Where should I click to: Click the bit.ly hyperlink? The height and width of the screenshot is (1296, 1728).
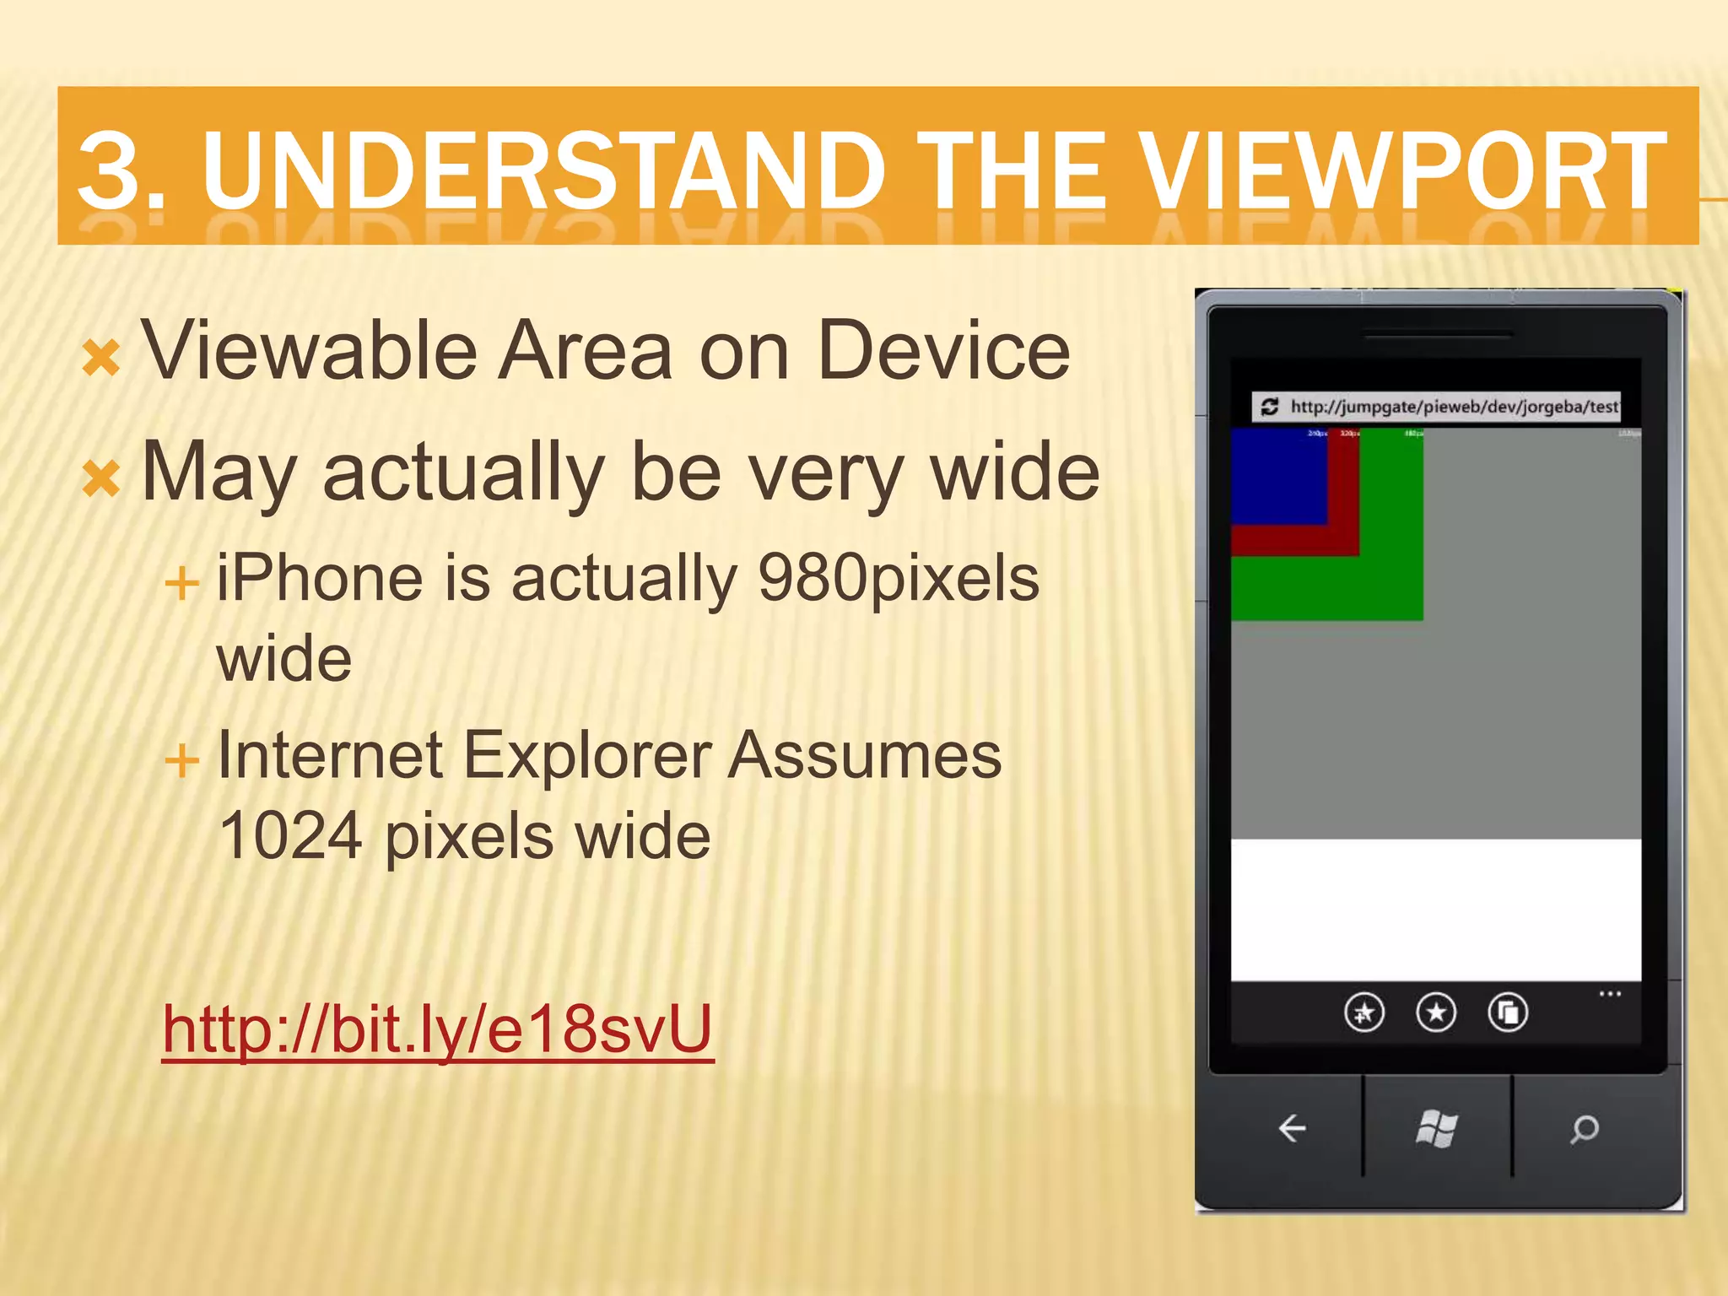438,1029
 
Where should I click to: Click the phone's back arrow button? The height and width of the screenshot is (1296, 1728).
1292,1128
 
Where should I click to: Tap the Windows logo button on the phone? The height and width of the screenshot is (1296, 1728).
1437,1128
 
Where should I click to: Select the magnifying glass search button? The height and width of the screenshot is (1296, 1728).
1584,1128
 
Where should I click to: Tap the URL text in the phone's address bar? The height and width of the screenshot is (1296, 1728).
1454,407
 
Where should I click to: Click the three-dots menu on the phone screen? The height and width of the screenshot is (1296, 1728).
1610,994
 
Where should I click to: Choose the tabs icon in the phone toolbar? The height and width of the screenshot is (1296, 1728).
1508,1012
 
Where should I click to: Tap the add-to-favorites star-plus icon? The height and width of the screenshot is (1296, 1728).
1363,1012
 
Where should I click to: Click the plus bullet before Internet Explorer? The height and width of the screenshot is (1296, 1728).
181,759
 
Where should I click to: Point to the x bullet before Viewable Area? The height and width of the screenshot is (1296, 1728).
101,357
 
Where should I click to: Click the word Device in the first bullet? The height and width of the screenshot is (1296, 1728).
943,350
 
